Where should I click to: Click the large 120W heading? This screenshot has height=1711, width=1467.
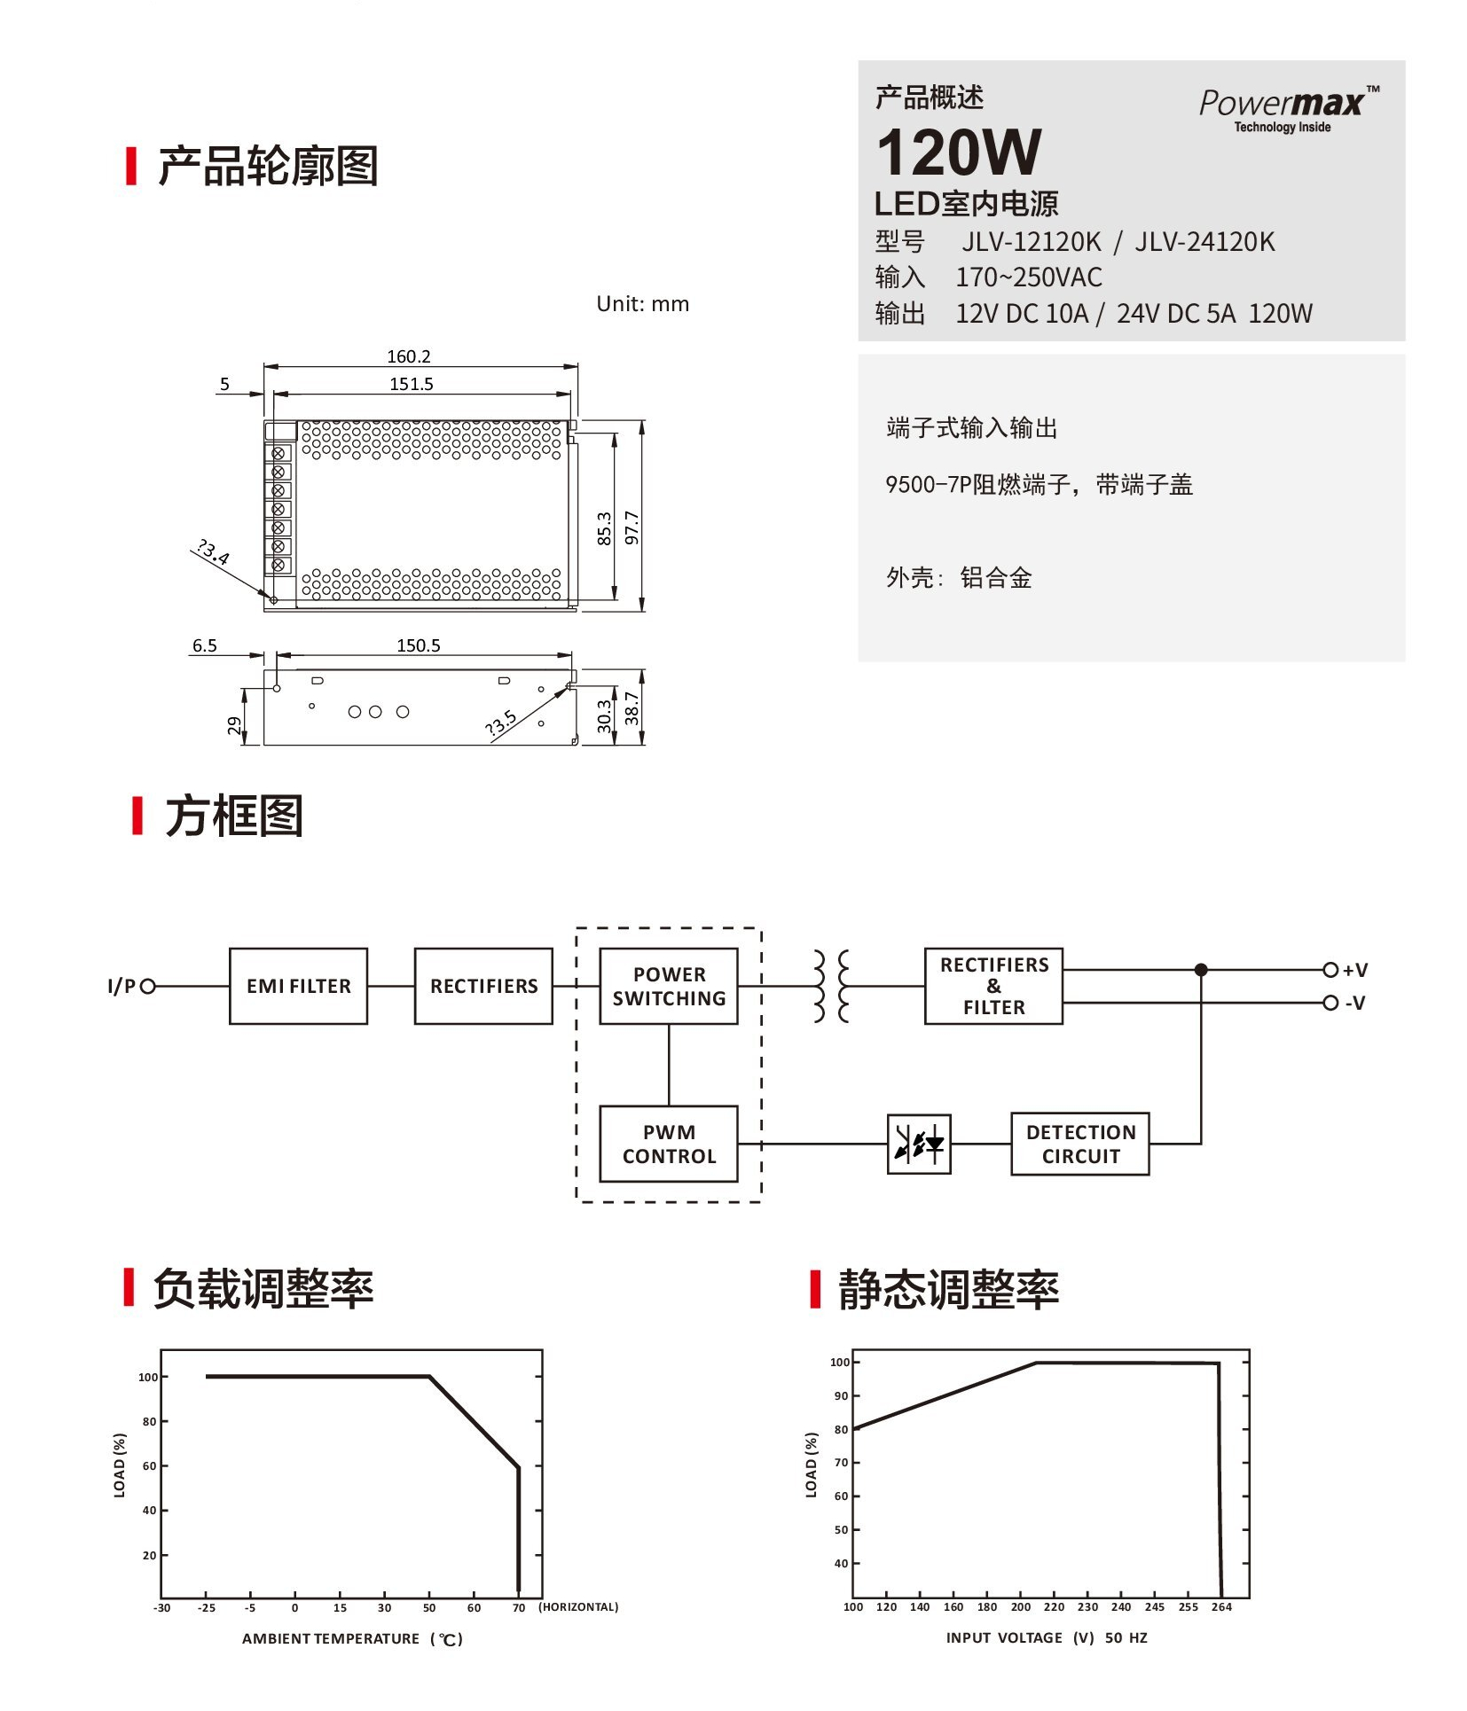point(959,153)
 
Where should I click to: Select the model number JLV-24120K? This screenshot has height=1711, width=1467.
point(1204,242)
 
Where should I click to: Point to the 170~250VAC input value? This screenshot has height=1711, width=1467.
point(1028,277)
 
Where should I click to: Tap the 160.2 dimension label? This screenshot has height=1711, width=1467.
point(408,356)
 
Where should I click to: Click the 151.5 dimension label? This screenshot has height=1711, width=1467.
point(411,384)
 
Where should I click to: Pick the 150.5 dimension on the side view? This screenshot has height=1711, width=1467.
point(418,645)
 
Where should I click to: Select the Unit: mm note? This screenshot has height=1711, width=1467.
point(642,304)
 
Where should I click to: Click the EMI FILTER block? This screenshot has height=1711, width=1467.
point(298,986)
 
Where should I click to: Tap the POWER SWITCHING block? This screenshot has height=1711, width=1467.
point(669,986)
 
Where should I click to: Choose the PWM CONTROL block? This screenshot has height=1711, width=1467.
point(669,1144)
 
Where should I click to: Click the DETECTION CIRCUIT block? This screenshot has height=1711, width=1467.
point(1080,1144)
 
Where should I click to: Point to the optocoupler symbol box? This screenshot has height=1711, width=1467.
point(919,1144)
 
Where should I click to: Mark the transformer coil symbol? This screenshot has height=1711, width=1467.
point(831,986)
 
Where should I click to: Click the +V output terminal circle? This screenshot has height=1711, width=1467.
point(1330,970)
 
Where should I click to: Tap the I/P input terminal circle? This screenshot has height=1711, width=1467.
point(148,986)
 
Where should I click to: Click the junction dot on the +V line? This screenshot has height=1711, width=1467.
point(1201,970)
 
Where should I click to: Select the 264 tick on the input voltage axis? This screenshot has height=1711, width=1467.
point(1221,1606)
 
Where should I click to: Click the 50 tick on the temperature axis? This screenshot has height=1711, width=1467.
point(429,1607)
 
